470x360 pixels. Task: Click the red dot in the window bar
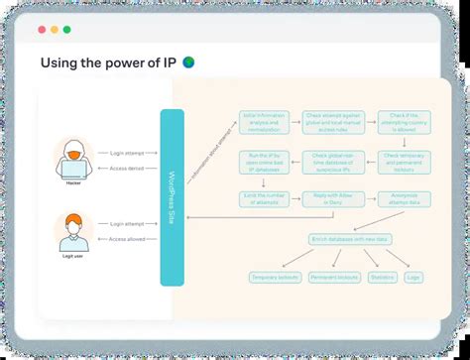click(42, 30)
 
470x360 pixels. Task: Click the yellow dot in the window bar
click(55, 30)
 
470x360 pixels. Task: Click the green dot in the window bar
click(67, 30)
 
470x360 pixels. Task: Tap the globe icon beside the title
click(188, 62)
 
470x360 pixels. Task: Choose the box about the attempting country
click(393, 123)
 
